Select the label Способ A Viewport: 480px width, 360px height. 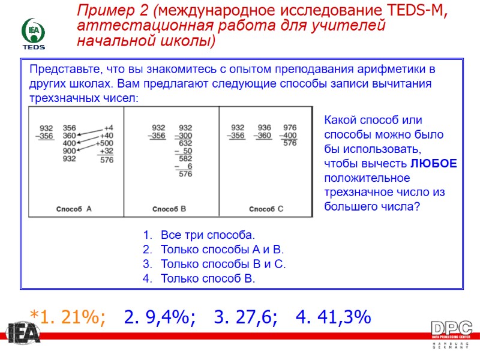(x=74, y=209)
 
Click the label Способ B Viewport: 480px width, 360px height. (x=169, y=209)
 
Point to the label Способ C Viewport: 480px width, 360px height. (x=266, y=209)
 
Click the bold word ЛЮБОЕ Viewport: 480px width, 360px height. (x=434, y=163)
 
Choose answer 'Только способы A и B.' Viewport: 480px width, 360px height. (x=222, y=250)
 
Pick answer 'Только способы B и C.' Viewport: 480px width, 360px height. (x=223, y=264)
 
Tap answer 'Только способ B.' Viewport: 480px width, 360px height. (x=208, y=278)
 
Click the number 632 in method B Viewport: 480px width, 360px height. (x=185, y=143)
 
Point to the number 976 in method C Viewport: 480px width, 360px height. (x=290, y=127)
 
